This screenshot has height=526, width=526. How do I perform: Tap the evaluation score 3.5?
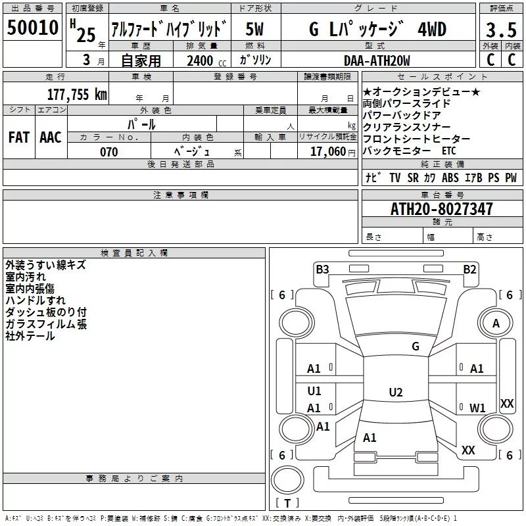pos(500,30)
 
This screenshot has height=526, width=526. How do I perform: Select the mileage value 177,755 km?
pos(77,94)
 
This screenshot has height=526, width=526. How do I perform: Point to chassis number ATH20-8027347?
pos(441,209)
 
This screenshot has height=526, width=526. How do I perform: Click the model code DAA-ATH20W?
pos(376,60)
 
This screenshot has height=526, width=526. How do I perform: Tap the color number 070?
pos(108,152)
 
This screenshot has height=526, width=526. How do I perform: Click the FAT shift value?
pos(19,137)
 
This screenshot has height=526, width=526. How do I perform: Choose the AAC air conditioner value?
pos(51,137)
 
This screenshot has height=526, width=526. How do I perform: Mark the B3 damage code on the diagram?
pos(322,269)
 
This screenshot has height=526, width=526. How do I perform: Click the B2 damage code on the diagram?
pos(469,269)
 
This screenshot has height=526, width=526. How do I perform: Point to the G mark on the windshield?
pos(415,347)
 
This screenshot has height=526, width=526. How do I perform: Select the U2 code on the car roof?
pos(395,393)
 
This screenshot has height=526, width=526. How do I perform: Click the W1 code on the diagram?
pos(477,408)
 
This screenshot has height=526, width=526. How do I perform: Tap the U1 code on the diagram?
pos(314,391)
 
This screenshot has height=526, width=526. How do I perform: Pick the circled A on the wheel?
pos(496,323)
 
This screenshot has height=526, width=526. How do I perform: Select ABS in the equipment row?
pos(450,178)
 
